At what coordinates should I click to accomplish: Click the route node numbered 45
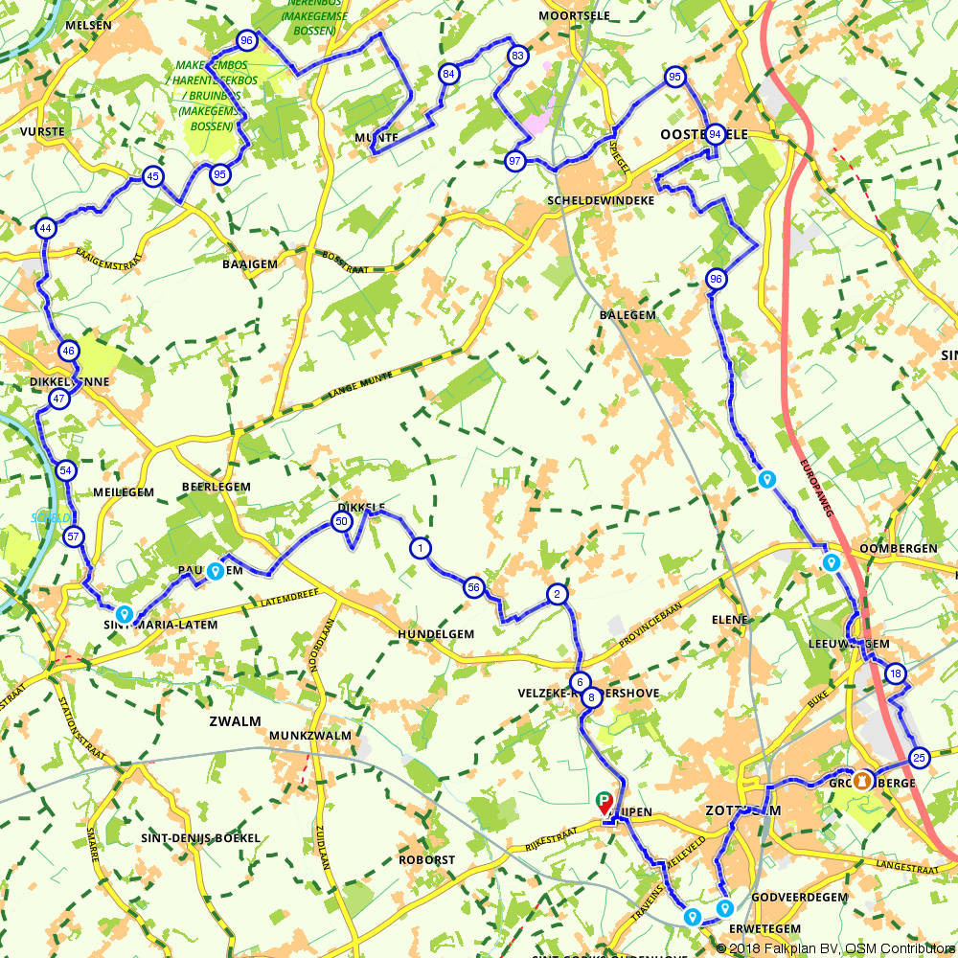151,176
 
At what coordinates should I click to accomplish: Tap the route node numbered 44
45,228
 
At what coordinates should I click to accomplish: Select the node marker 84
448,74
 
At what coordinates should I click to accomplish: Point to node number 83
517,56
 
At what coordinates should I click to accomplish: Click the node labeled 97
515,160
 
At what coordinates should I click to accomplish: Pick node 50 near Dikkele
340,521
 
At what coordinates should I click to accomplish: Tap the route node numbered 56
473,587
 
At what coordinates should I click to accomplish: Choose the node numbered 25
919,758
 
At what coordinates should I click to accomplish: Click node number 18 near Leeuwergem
895,673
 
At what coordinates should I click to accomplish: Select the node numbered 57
74,536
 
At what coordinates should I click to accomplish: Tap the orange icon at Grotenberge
863,781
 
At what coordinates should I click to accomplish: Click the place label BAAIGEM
249,263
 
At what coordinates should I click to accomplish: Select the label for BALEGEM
627,314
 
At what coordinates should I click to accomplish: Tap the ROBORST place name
427,860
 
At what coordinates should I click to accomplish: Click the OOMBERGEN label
898,548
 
